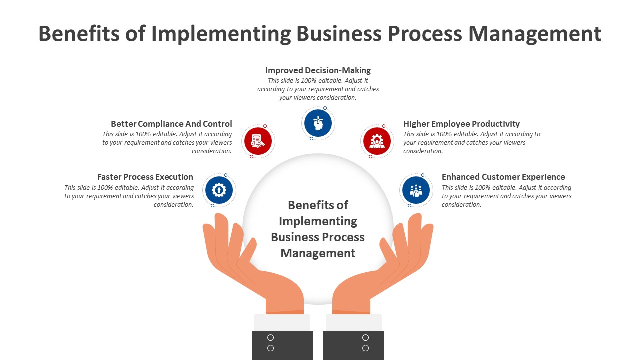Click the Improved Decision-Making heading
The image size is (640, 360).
point(318,70)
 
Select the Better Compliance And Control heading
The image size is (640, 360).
point(171,124)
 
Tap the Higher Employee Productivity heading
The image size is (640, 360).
point(461,124)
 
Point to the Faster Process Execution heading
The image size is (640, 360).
point(145,177)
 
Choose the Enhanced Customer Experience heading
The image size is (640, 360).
point(503,177)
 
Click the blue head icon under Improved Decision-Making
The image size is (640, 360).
point(318,123)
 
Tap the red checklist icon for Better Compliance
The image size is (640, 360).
point(258,141)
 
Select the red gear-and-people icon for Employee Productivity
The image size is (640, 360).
point(377,141)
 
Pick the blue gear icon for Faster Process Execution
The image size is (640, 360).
point(219,190)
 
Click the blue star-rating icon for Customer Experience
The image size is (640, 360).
point(416,190)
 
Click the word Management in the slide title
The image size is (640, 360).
point(535,34)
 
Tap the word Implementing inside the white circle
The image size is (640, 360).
point(318,221)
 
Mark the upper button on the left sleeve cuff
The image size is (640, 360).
point(270,338)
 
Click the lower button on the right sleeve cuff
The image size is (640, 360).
point(365,348)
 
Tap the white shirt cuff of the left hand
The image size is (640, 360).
point(282,322)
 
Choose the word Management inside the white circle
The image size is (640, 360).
point(318,253)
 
